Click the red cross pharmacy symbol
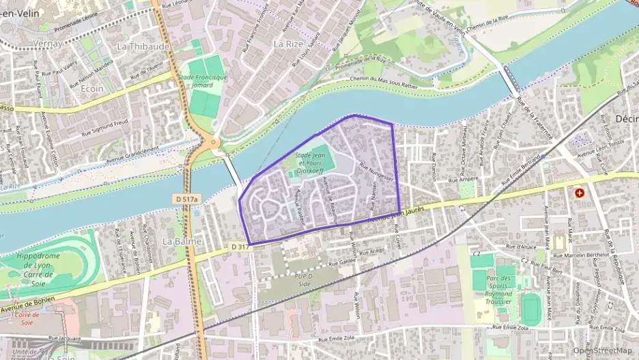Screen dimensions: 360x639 [x=580, y=193]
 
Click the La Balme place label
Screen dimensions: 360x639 [x=182, y=241]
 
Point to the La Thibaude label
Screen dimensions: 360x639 [x=143, y=46]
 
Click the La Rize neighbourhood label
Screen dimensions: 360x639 [x=287, y=43]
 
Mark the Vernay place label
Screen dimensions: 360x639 [x=47, y=44]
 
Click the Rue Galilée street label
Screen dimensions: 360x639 [x=343, y=262]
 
